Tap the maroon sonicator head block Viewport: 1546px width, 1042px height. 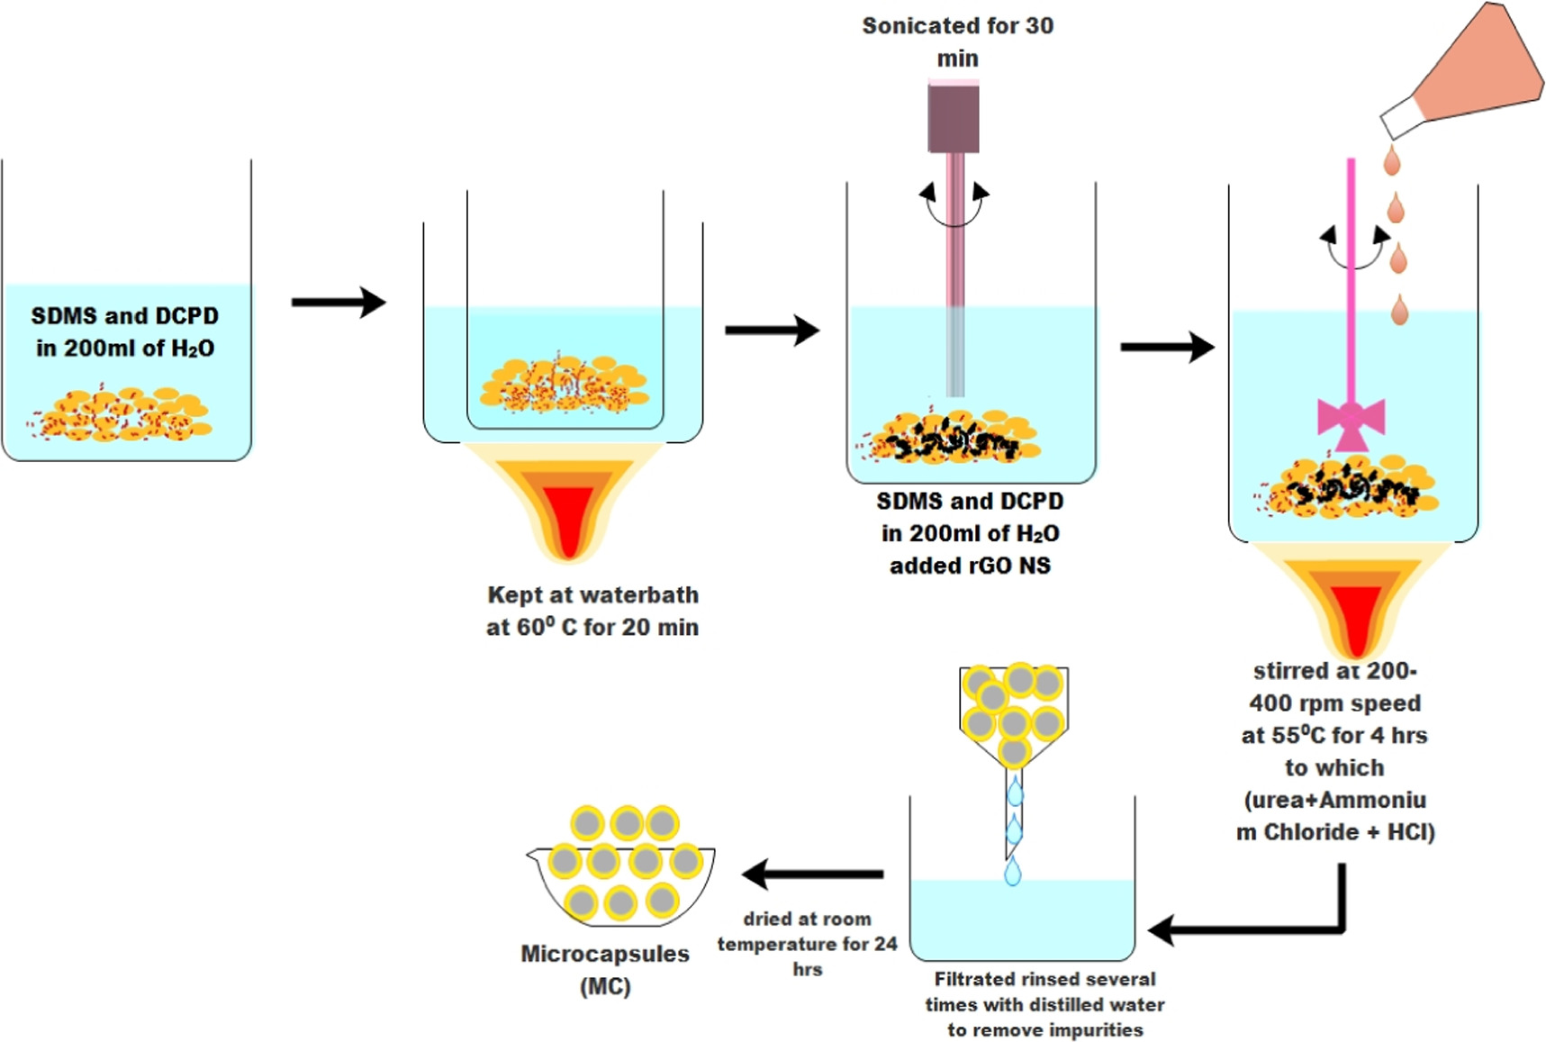tap(954, 117)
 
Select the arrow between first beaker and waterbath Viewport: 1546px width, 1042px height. tap(338, 302)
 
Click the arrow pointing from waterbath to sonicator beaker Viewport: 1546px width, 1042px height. tap(772, 331)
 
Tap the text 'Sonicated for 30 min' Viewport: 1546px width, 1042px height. tap(957, 41)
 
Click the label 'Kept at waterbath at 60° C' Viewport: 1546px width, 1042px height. tap(592, 611)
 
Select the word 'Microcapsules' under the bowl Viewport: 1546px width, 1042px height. tap(605, 954)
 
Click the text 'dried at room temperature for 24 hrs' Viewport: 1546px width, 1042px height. tap(807, 943)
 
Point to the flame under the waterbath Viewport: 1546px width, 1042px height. tap(567, 504)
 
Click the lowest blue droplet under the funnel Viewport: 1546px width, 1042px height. tap(1013, 871)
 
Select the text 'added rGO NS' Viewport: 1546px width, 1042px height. tap(970, 566)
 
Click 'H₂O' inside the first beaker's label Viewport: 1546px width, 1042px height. tap(192, 349)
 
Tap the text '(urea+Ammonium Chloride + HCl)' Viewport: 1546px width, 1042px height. tap(1335, 815)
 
